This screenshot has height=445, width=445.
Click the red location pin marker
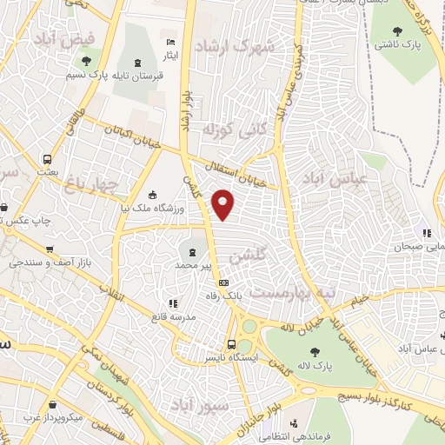223,204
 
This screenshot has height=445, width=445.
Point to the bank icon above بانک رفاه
223,283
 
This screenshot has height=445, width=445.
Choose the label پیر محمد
192,264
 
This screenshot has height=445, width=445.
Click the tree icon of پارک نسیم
85,61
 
